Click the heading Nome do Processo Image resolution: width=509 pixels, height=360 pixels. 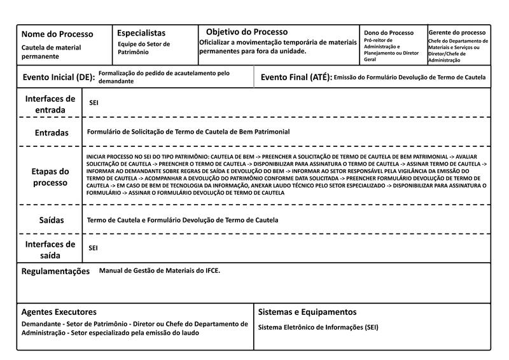point(57,34)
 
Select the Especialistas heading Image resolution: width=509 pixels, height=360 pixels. point(141,32)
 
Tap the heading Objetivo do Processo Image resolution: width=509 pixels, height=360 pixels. point(247,32)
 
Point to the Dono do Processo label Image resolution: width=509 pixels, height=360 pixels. point(389,32)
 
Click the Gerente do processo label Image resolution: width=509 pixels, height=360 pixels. point(457,32)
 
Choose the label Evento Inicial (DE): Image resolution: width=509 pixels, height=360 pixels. point(59,78)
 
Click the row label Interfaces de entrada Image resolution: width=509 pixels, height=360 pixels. point(50,104)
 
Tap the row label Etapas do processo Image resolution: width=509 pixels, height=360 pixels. point(50,177)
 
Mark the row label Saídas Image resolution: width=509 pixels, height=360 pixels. point(50,220)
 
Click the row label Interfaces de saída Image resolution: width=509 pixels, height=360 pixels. point(50,249)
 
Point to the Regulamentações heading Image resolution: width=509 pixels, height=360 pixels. point(56,271)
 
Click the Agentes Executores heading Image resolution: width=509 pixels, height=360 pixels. point(59,312)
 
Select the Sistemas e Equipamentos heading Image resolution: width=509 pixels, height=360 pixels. point(307,312)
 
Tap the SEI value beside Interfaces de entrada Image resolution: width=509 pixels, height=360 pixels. point(94,102)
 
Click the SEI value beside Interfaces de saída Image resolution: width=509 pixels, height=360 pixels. point(94,247)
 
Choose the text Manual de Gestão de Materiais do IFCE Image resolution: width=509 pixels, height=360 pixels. point(160,270)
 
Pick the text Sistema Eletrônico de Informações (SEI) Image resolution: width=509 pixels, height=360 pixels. point(318,328)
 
